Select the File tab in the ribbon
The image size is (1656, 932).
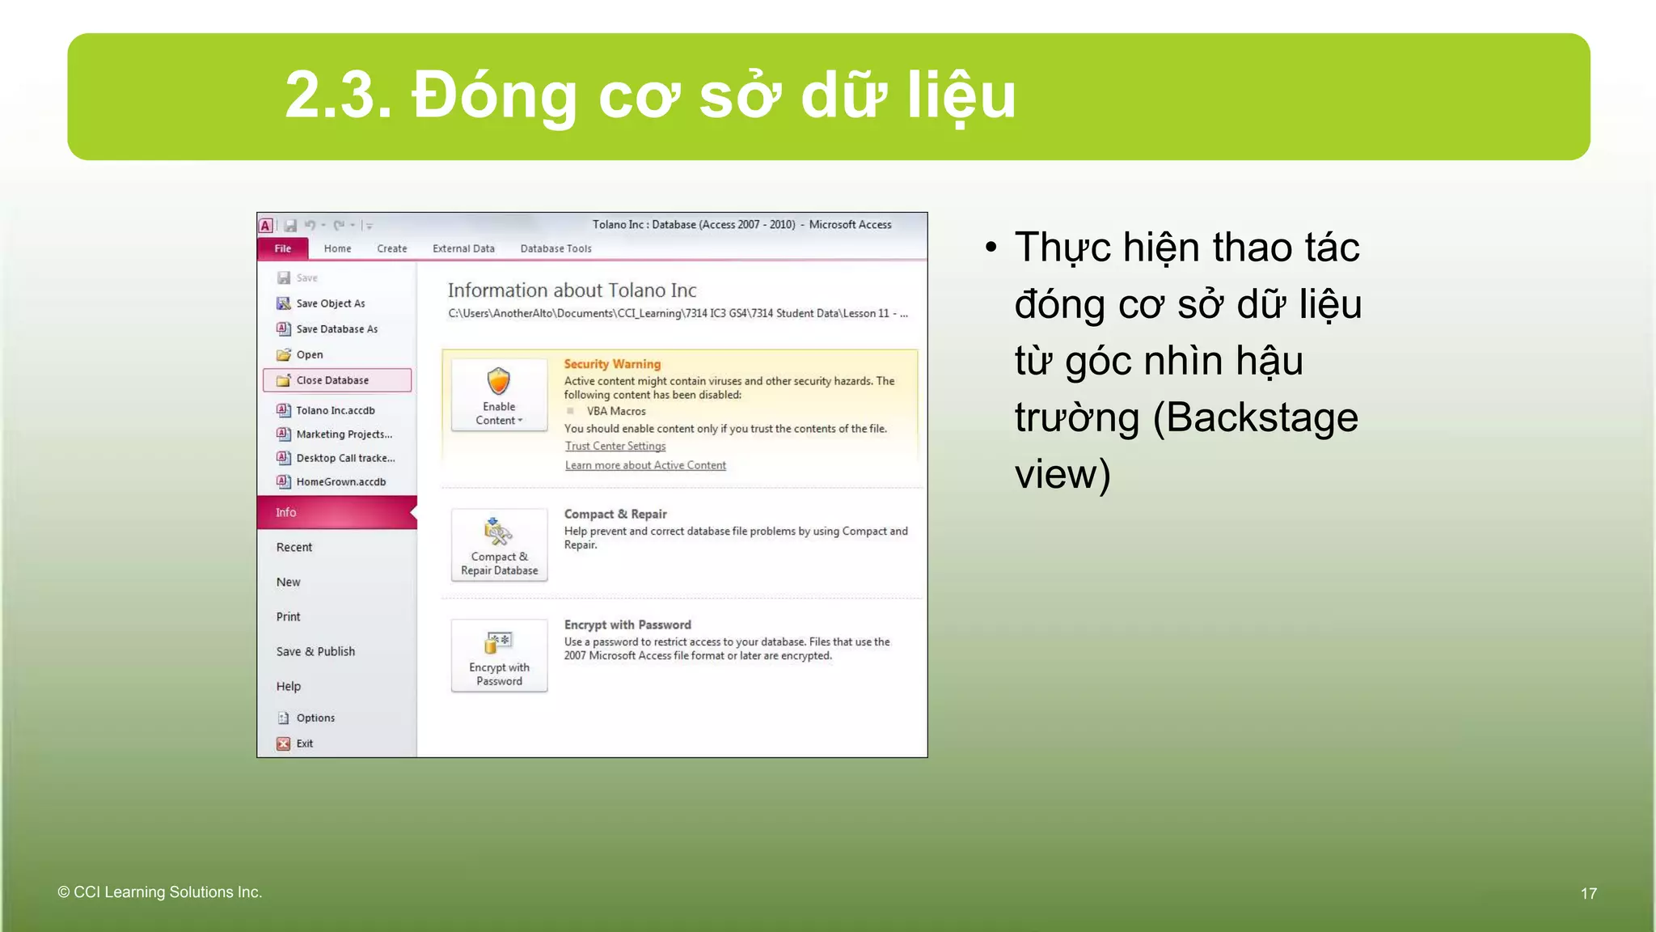click(282, 248)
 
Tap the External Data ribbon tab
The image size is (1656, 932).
click(463, 248)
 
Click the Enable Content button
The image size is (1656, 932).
click(499, 395)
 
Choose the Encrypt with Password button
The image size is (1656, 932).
click(499, 655)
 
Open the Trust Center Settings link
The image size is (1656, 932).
click(615, 446)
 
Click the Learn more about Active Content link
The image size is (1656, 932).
click(645, 465)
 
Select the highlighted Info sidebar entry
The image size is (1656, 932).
click(336, 512)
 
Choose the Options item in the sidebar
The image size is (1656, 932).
click(315, 718)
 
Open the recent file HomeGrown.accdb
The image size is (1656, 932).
click(340, 481)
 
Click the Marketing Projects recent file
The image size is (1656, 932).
click(344, 434)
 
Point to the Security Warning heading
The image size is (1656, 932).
click(612, 364)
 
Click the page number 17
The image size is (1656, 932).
click(1588, 893)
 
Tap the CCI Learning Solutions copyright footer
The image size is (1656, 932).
click(160, 892)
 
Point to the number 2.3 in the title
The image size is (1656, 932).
click(337, 95)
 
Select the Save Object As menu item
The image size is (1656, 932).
click(330, 303)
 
